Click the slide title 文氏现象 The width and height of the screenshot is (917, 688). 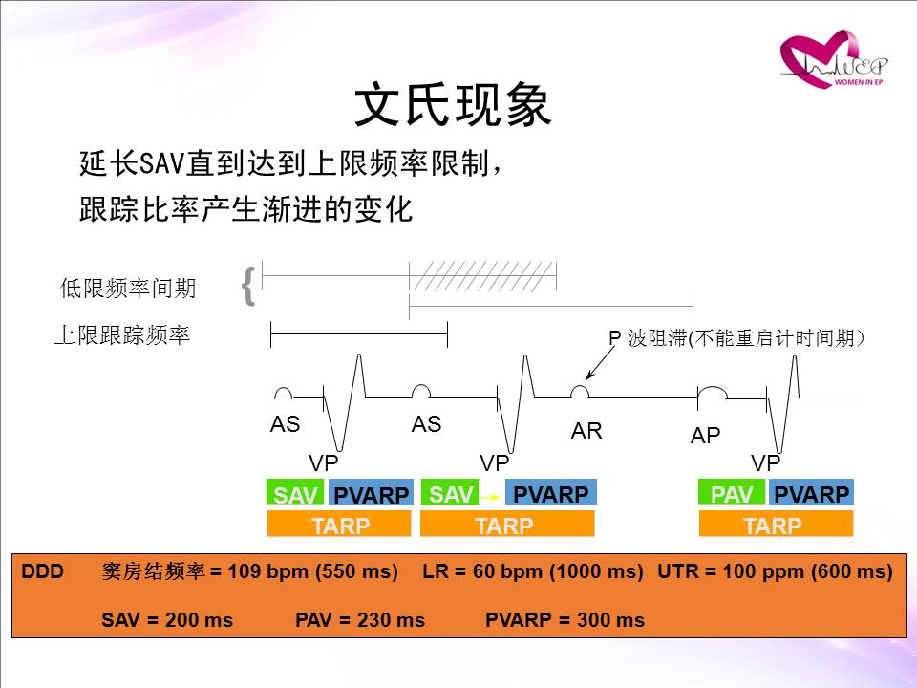coord(453,105)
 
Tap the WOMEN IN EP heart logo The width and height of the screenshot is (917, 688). coord(833,59)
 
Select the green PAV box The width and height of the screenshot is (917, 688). coord(731,492)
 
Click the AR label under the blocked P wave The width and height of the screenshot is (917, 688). coord(586,431)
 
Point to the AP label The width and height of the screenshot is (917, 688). coord(705,436)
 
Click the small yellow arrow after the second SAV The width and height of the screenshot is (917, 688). coord(490,497)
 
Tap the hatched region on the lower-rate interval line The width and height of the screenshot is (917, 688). coord(482,275)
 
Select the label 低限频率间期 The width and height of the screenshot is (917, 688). coord(128,288)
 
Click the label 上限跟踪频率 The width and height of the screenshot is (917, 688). coord(122,335)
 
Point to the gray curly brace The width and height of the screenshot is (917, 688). coord(248,286)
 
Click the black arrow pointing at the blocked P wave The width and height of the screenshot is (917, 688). coord(601,363)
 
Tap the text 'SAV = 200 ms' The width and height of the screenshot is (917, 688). coord(167,620)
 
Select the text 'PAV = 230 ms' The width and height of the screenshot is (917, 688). coord(360,620)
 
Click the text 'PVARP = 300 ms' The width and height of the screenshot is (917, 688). coord(565,620)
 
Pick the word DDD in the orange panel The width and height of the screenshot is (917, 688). coord(42,571)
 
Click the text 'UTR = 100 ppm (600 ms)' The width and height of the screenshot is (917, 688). coord(775,571)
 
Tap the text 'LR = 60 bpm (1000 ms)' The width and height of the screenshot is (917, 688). coord(533,571)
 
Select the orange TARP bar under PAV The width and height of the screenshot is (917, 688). coord(776,524)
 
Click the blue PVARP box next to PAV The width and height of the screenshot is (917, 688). coord(811,492)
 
